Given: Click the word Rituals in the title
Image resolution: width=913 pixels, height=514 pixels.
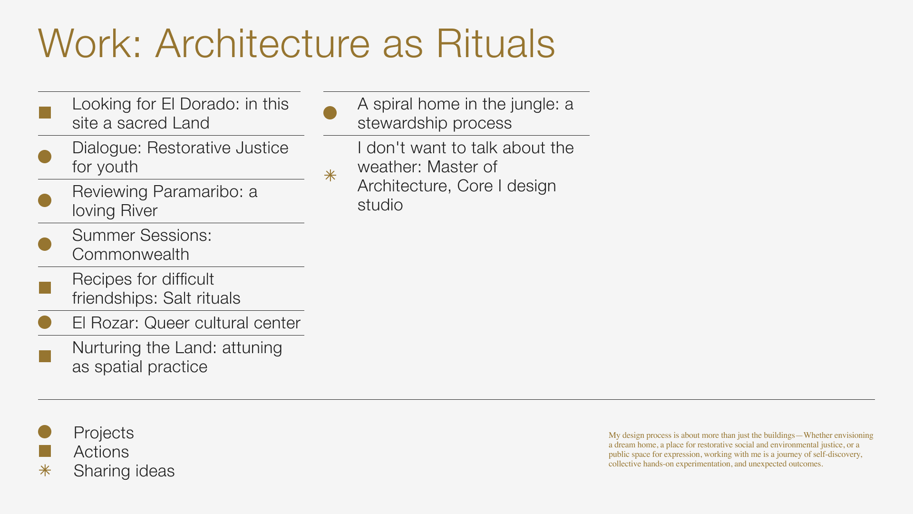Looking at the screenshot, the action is click(495, 44).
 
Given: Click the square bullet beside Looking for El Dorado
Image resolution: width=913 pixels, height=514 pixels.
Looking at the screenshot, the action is click(45, 112).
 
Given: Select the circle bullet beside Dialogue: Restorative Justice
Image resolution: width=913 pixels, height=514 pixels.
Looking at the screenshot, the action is click(45, 157).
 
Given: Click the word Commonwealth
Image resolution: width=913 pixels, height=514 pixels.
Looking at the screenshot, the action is click(131, 255).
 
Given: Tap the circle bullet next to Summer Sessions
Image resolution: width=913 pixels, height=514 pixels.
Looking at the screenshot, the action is click(45, 244).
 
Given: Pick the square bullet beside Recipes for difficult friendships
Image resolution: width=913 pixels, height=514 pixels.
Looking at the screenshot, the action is click(45, 288).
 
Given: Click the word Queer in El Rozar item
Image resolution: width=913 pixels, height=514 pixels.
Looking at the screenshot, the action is click(165, 323).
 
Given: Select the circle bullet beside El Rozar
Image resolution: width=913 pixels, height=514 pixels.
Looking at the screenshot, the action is click(45, 322).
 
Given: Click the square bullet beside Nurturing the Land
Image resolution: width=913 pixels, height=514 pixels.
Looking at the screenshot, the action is click(45, 356).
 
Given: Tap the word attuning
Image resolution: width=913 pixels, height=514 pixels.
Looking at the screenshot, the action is click(252, 348).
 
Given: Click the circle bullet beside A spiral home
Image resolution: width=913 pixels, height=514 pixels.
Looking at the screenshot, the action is click(330, 113).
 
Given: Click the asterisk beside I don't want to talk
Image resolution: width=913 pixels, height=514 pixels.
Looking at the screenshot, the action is click(330, 176).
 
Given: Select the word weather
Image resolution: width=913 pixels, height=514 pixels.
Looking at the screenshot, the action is click(389, 167).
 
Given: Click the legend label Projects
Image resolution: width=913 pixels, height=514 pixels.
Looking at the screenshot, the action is click(104, 433).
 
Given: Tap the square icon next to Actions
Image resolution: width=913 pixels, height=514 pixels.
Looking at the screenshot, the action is click(45, 451).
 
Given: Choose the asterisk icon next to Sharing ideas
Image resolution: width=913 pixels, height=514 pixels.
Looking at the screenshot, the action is click(45, 471).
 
